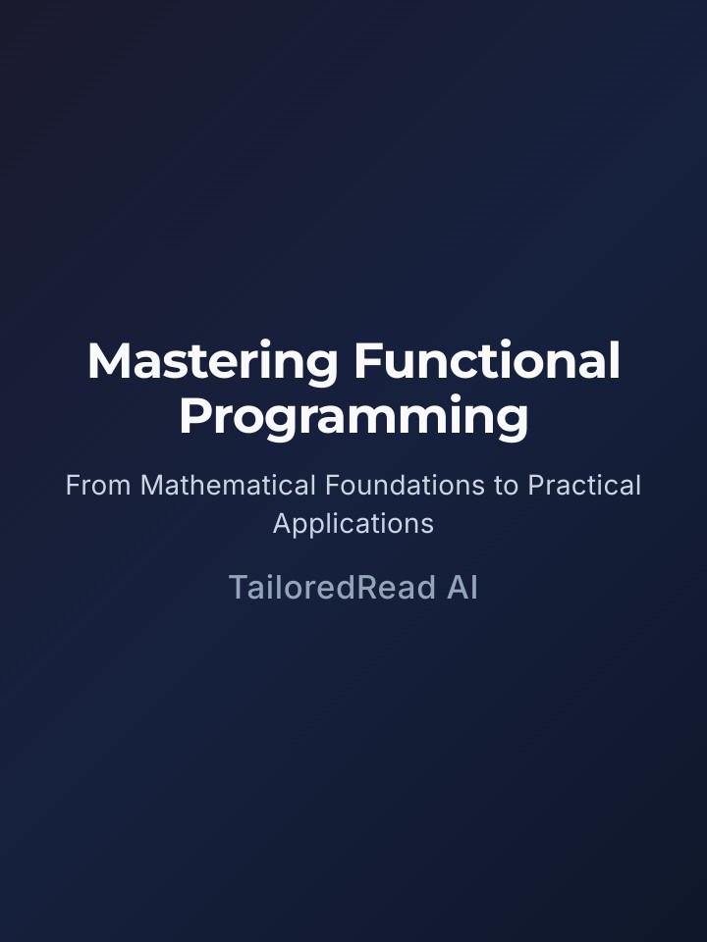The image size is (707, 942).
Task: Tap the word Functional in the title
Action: [x=487, y=362]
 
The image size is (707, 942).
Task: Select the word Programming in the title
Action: [x=353, y=417]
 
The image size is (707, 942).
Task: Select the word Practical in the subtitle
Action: [x=584, y=486]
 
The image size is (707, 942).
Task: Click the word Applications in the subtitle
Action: [x=353, y=524]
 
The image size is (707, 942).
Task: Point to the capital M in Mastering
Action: [x=108, y=362]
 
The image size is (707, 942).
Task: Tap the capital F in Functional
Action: [x=365, y=362]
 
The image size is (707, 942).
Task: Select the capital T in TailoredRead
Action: [x=238, y=588]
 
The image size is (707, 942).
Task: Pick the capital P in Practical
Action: [x=536, y=486]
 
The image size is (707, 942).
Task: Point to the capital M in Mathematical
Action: [x=152, y=486]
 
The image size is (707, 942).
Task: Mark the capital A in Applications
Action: [x=282, y=524]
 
